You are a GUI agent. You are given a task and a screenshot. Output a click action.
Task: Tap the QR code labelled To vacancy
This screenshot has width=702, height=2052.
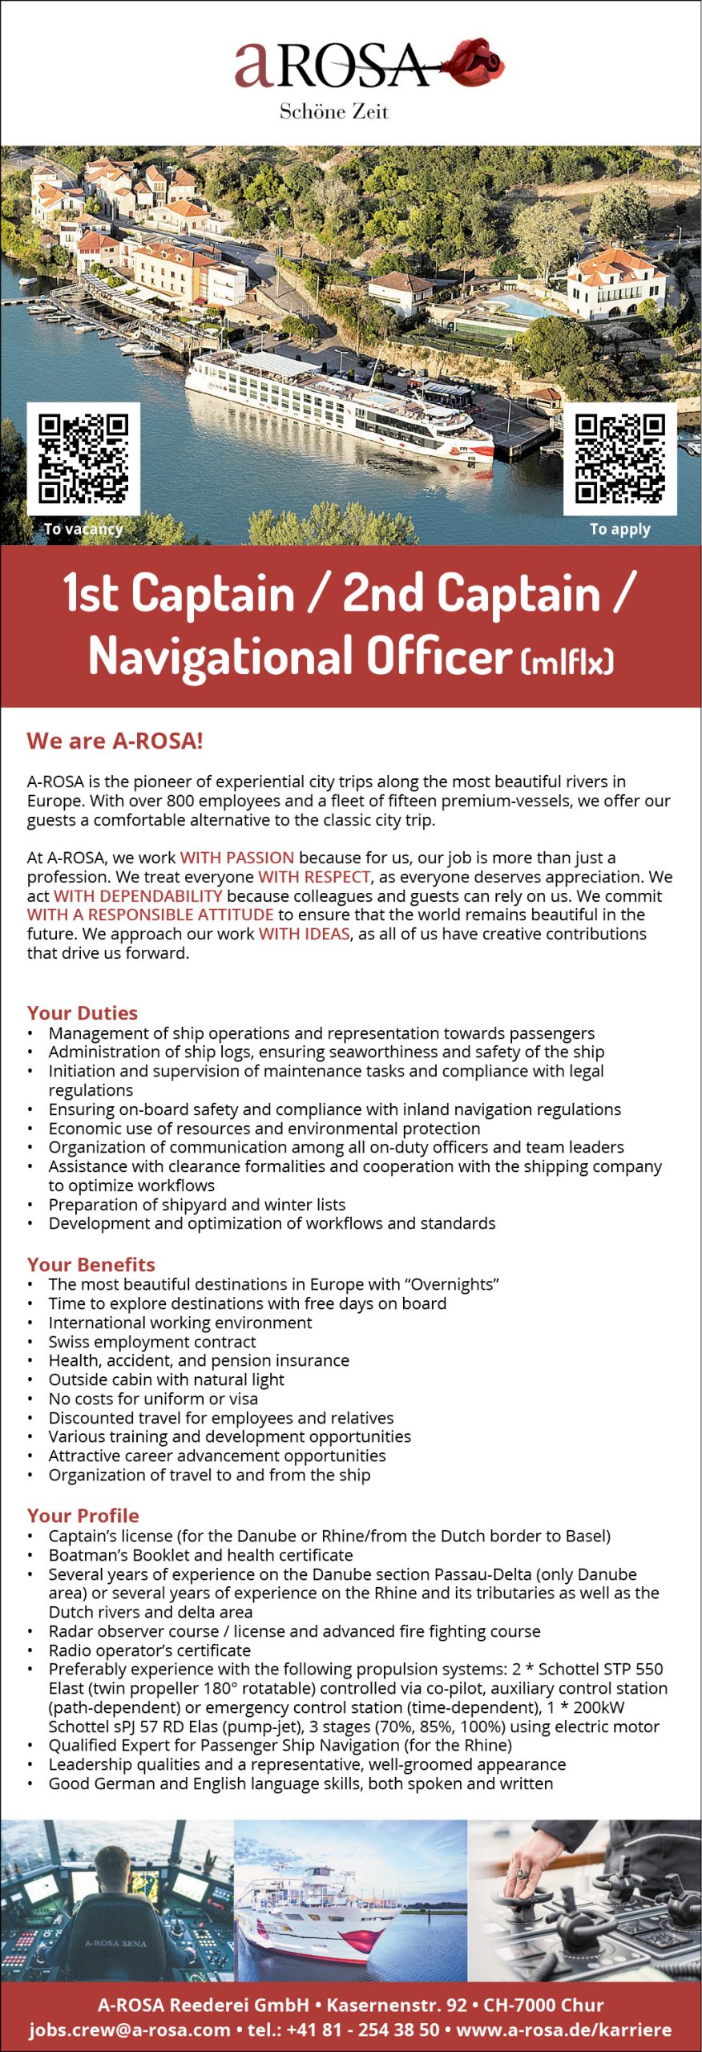83,458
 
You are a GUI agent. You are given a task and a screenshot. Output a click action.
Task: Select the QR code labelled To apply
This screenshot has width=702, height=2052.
619,458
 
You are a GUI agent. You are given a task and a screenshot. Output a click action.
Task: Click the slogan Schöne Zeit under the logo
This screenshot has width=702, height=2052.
333,111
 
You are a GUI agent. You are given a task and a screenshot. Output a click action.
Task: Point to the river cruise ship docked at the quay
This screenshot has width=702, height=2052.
337,405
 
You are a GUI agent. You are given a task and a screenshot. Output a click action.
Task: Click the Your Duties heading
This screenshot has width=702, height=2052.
83,1012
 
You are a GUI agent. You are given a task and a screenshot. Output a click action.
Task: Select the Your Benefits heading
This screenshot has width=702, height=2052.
91,1264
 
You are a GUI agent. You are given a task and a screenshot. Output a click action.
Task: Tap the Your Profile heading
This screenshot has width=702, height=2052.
83,1515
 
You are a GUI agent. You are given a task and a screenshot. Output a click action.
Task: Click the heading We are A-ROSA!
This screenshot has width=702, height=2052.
115,741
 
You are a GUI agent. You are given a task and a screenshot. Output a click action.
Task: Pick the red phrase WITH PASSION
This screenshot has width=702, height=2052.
237,858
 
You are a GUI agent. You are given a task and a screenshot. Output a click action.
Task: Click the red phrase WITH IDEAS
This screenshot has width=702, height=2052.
305,934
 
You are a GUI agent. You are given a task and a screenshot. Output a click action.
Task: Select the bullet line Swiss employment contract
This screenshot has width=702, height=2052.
152,1341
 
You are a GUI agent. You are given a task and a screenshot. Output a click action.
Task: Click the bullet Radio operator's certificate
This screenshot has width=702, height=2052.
150,1650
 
